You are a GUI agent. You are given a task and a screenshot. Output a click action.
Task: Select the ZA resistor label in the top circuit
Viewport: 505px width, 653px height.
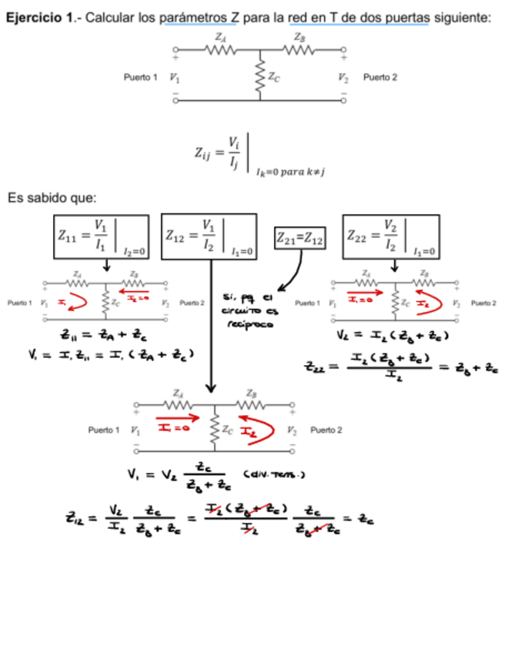(x=220, y=36)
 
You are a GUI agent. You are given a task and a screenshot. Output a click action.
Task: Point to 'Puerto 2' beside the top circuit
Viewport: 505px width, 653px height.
(x=380, y=78)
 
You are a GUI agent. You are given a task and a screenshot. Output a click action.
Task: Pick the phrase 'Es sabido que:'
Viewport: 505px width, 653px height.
(x=52, y=198)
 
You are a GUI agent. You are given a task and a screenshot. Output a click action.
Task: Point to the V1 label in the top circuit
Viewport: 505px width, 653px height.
(x=175, y=78)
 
